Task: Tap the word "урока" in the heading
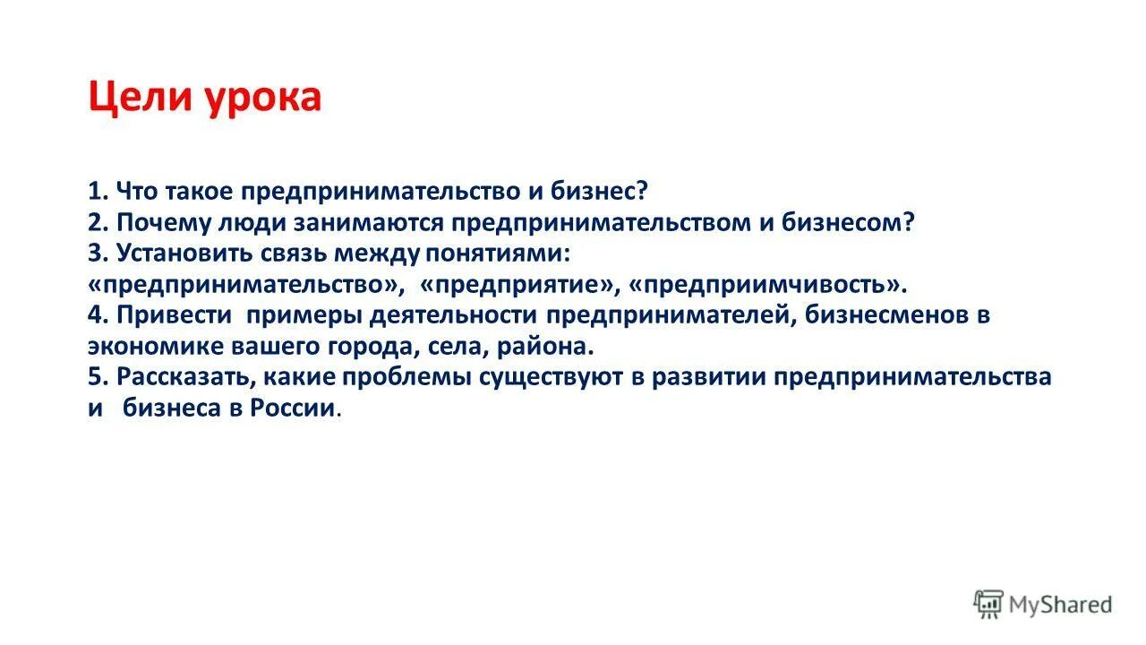point(265,97)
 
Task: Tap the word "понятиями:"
point(497,254)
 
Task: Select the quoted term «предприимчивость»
point(768,285)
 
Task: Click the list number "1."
point(98,193)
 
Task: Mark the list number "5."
point(98,377)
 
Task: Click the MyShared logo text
point(1060,604)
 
